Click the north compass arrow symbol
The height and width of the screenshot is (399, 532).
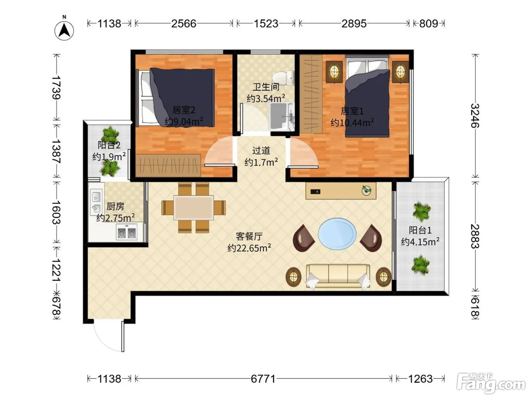coord(64,30)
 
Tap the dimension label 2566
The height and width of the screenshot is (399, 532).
coord(184,24)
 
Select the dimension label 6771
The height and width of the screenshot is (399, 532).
coord(263,379)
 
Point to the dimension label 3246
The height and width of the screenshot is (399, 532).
coord(475,116)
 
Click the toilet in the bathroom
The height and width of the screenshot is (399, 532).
coord(283,78)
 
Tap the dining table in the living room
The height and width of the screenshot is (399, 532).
coord(194,208)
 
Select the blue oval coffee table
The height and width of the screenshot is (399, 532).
coord(337,234)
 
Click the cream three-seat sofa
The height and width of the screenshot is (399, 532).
coord(338,277)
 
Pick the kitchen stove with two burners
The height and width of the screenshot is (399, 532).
coord(127,232)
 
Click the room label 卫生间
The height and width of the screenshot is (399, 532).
coord(266,87)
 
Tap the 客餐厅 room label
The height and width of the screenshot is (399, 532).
coord(249,236)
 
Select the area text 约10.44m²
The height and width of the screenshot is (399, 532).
coord(352,123)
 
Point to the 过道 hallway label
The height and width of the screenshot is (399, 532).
coord(261,150)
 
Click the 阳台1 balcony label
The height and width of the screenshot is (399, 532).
coord(420,230)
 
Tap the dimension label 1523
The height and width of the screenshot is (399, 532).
coord(266,24)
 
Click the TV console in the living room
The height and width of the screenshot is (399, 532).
coord(341,191)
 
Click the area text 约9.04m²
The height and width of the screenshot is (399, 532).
coord(184,121)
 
